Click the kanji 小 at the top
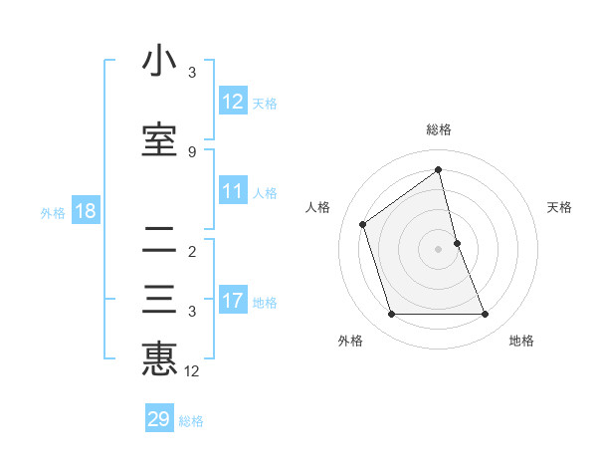pos(159,62)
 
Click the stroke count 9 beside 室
pos(191,151)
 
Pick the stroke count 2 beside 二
pos(191,251)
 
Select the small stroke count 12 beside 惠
pos(192,371)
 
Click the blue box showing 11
pos(233,192)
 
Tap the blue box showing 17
pos(233,302)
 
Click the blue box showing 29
pos(159,419)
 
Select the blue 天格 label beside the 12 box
pos(265,103)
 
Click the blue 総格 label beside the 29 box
pos(191,421)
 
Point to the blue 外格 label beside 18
pos(53,212)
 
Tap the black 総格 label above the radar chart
pos(439,129)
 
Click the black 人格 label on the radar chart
pos(318,207)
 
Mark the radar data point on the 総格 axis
pos(438,169)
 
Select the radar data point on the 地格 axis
pos(486,315)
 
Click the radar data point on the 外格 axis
pos(391,315)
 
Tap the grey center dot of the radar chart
pos(438,248)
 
